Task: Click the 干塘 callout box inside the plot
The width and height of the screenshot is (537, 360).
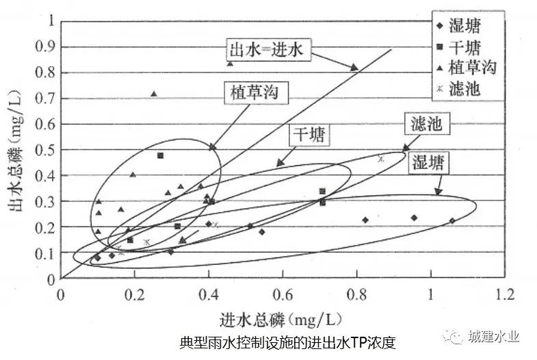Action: click(309, 134)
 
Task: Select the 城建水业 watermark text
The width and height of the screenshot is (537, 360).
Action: click(494, 336)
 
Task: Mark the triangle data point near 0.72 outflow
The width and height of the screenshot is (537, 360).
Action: click(154, 94)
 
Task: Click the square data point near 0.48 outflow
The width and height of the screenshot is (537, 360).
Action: click(160, 155)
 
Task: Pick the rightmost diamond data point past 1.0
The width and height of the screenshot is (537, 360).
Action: click(451, 220)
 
